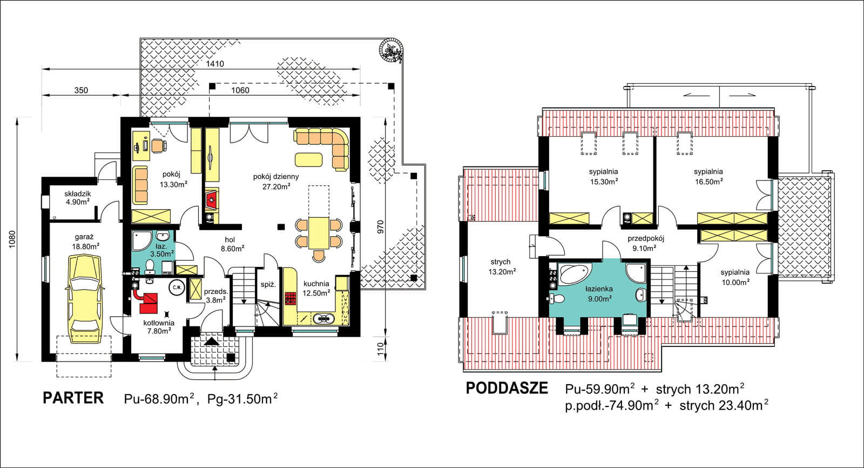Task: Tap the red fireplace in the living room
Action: point(211,200)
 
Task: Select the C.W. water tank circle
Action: point(177,288)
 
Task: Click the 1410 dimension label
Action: point(215,64)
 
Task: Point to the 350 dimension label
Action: point(81,90)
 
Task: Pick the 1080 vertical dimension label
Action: point(12,239)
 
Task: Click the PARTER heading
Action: point(73,398)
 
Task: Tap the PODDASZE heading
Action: point(507,388)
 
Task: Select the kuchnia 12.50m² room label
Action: point(316,289)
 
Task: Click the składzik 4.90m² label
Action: point(78,198)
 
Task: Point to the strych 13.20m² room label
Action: point(502,267)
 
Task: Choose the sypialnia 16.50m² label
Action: point(708,177)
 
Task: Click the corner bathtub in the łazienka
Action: point(575,274)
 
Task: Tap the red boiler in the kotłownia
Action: point(148,303)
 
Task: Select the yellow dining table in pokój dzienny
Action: point(319,233)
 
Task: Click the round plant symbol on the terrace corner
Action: point(391,51)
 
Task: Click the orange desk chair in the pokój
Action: point(159,146)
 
